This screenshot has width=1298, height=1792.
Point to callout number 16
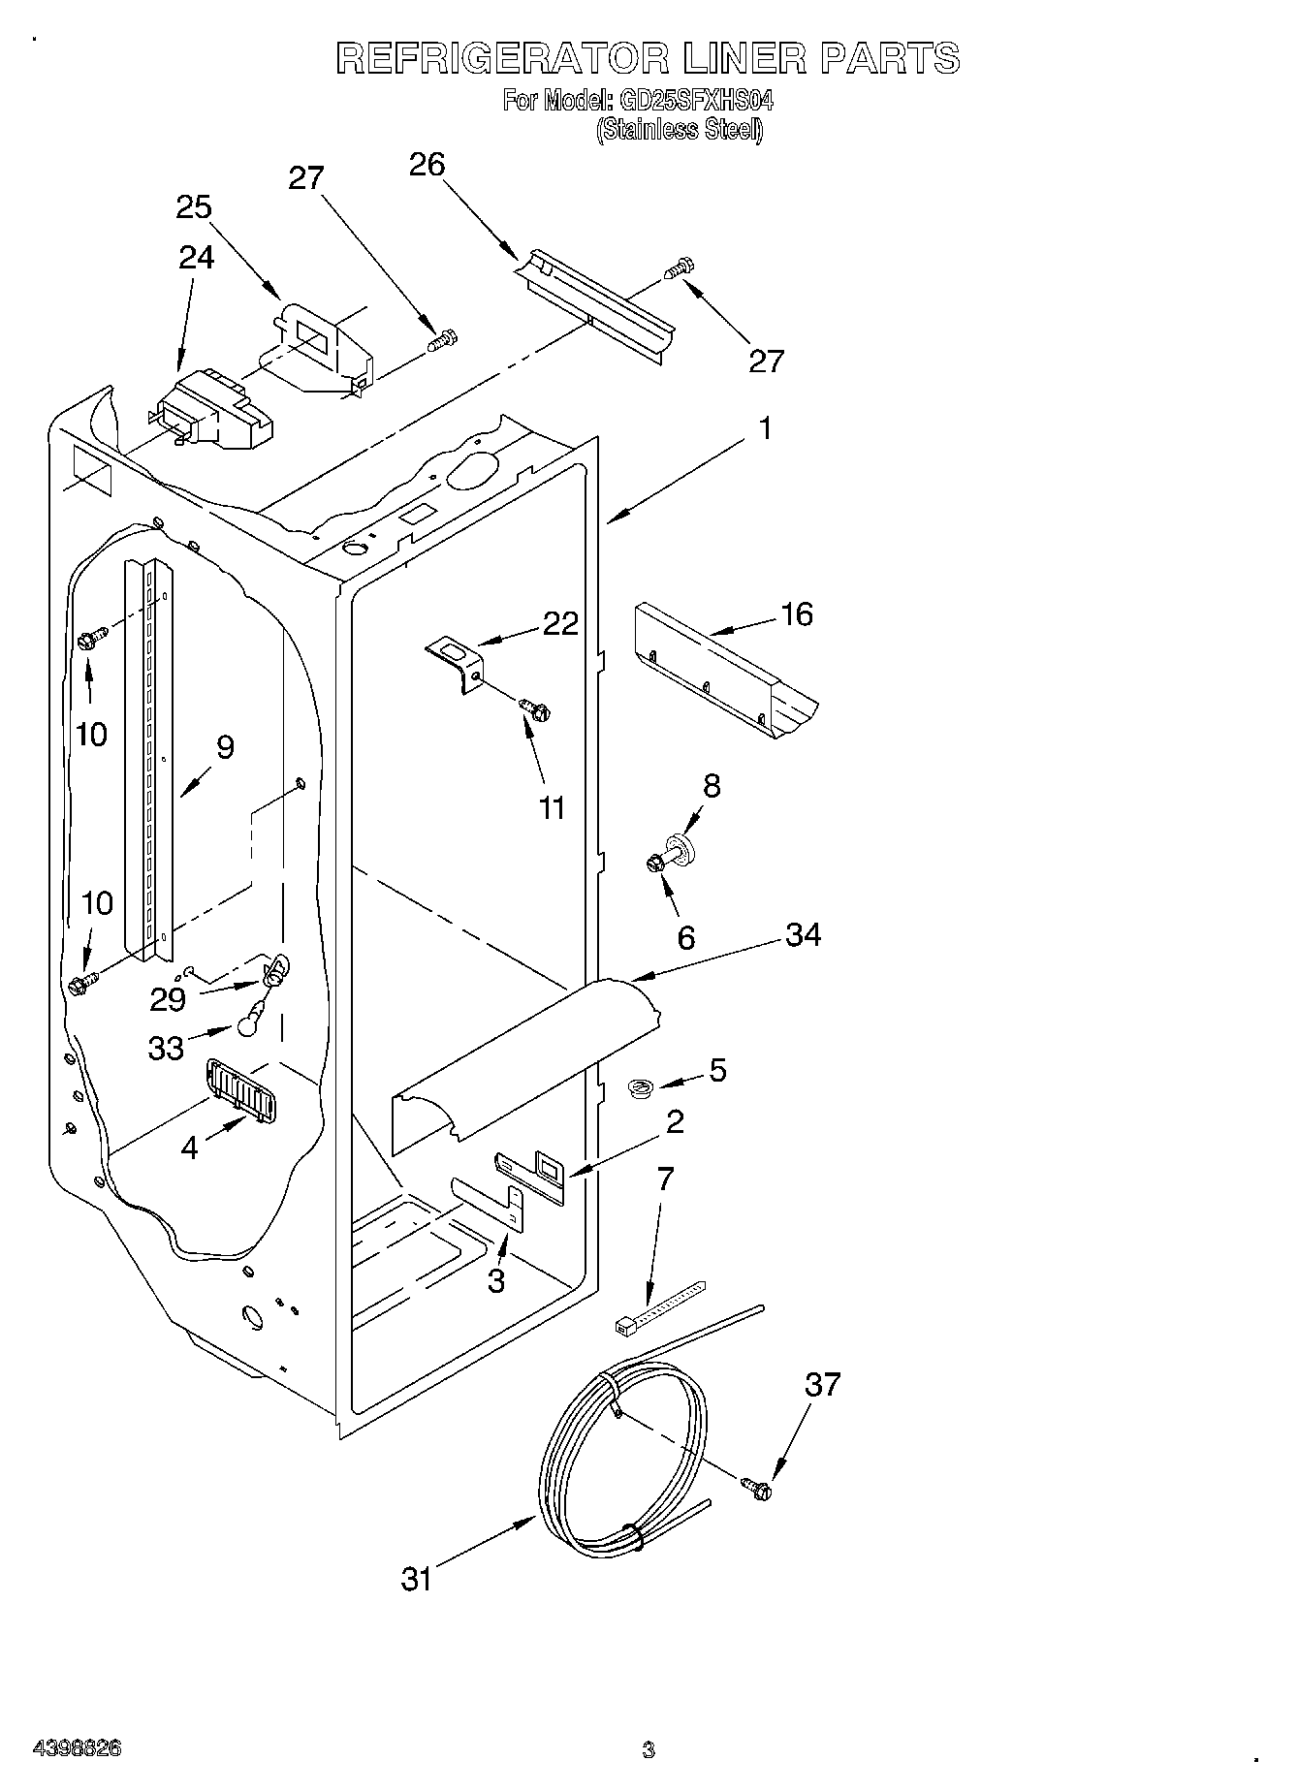[797, 614]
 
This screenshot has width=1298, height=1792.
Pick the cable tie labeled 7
[659, 1308]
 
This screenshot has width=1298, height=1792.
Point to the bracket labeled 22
[457, 661]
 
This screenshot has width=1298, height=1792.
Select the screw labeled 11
[534, 710]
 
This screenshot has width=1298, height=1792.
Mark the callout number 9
[225, 747]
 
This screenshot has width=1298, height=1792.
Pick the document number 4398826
[78, 1748]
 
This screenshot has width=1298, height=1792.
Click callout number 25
[194, 208]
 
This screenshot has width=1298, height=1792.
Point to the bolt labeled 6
[655, 862]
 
